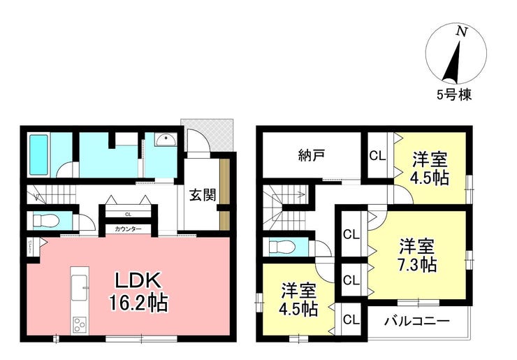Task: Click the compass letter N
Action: pyautogui.click(x=460, y=31)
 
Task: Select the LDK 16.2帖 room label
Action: pyautogui.click(x=138, y=292)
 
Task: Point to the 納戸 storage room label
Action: pyautogui.click(x=308, y=156)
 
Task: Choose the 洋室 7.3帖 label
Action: pyautogui.click(x=418, y=255)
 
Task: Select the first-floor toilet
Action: pyautogui.click(x=46, y=221)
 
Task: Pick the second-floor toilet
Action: pyautogui.click(x=282, y=247)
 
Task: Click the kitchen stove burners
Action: pyautogui.click(x=78, y=324)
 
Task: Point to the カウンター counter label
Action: pyautogui.click(x=128, y=229)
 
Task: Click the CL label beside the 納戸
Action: pyautogui.click(x=376, y=156)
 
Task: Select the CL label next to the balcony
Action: pyautogui.click(x=351, y=321)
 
